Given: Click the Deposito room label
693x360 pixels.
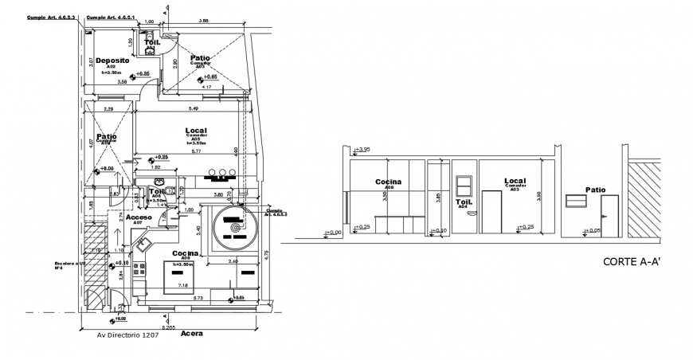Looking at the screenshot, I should coord(113,60).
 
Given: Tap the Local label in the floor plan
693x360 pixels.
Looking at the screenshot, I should coord(197,130).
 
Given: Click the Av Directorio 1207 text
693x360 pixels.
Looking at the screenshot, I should coord(128,335).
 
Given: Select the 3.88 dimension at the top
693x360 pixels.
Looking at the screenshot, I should coord(204,21).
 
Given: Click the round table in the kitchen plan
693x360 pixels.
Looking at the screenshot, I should coord(235,226).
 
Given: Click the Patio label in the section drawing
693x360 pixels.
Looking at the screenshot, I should coord(594,190).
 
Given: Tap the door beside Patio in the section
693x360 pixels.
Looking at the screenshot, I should coord(609,215).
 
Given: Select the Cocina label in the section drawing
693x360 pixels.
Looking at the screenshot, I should coord(389,182).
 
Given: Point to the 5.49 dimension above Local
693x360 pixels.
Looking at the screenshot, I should coord(193,108).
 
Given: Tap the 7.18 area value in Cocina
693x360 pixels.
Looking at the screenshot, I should coord(182,285).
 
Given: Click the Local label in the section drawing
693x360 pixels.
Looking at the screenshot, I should coord(515,182).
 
